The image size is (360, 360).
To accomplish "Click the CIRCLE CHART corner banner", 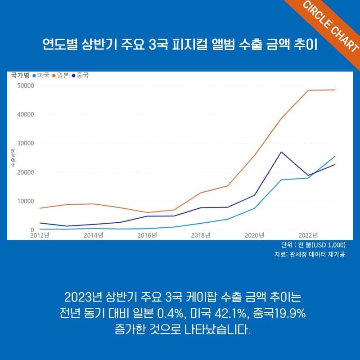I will click(x=331, y=27).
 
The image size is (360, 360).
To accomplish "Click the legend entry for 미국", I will click(x=40, y=76).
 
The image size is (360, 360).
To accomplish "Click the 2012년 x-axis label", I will click(x=40, y=235).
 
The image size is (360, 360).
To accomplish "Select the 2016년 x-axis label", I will click(x=147, y=235).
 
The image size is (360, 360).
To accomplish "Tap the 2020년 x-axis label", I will click(x=254, y=235).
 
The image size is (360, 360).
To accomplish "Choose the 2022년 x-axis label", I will click(x=308, y=235).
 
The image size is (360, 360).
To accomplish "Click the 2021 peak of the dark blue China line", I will click(x=281, y=152).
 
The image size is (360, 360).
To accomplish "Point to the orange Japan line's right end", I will click(x=335, y=90).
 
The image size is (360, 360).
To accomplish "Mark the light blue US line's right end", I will click(x=335, y=156).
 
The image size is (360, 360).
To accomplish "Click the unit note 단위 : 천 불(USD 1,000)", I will click(x=312, y=245).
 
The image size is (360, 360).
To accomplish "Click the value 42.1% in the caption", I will click(x=224, y=313).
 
